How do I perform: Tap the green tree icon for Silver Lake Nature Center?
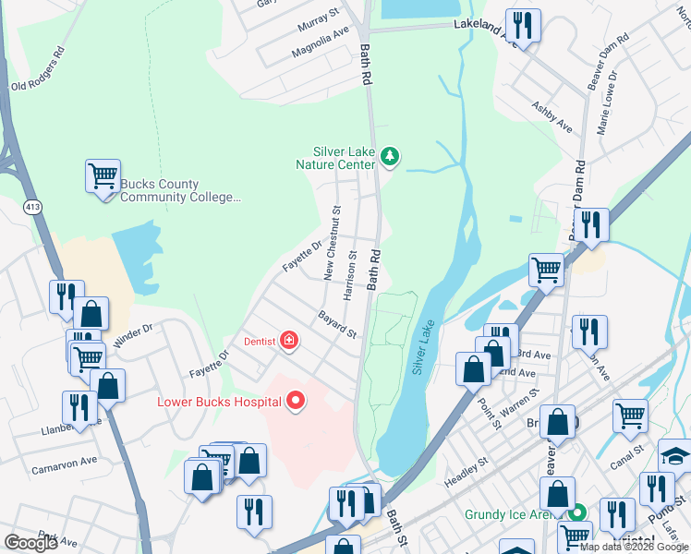click(x=390, y=158)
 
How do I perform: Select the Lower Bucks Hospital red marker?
click(x=296, y=400)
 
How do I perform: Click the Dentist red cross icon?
click(x=289, y=341)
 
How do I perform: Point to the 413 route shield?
click(x=33, y=205)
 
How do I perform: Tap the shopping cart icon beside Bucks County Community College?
click(x=103, y=175)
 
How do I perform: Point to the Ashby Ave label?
click(x=552, y=115)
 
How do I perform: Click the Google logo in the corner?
click(x=30, y=542)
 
